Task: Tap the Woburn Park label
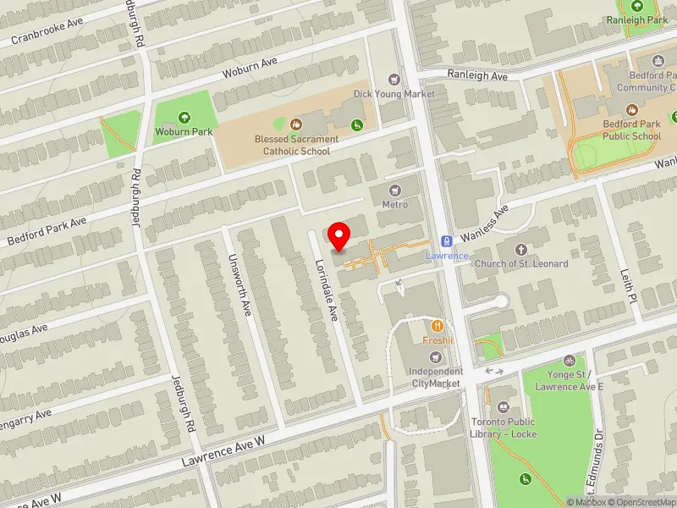point(184,131)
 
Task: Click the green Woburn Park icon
point(184,118)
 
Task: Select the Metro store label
point(394,204)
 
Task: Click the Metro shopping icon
point(394,190)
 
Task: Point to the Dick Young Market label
point(394,94)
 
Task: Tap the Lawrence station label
point(446,256)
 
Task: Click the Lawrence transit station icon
point(446,241)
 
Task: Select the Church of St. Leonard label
point(521,263)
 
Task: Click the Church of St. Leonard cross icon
point(521,250)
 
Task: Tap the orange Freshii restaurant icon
point(438,325)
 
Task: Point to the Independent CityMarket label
point(436,378)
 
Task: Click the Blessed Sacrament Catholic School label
point(296,145)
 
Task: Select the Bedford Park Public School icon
point(631,110)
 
